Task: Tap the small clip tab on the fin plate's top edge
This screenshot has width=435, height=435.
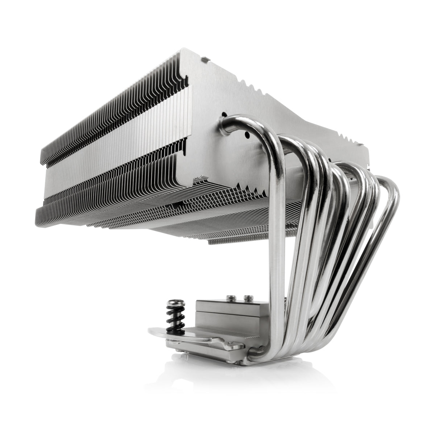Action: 205,58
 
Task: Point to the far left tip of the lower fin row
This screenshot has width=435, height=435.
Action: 38,210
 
